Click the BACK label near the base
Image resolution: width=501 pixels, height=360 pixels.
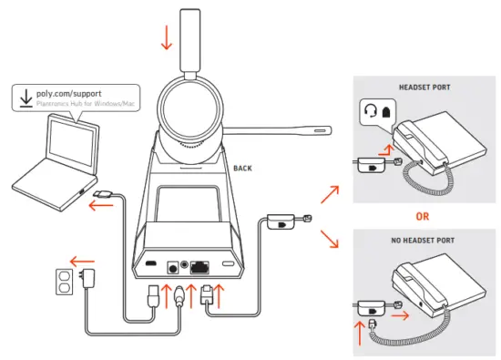point(242,169)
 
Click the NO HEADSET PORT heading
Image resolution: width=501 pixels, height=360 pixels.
point(425,242)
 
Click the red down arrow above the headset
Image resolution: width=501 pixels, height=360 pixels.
point(166,38)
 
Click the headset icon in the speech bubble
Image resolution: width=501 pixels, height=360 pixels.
point(371,110)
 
